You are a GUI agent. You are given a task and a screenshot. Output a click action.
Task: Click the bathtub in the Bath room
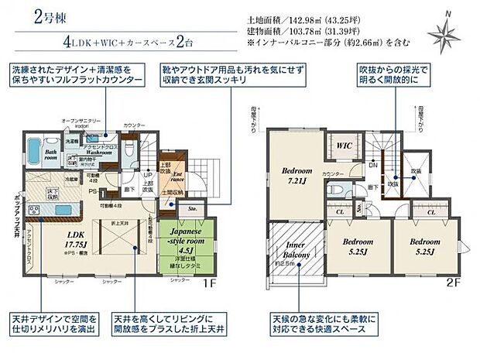coord(34,147)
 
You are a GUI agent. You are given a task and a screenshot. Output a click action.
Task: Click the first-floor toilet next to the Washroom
coord(129,145)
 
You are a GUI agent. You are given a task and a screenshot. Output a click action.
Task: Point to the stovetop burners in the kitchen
coord(36,210)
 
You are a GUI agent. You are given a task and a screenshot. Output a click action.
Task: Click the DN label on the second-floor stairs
coord(372,164)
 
